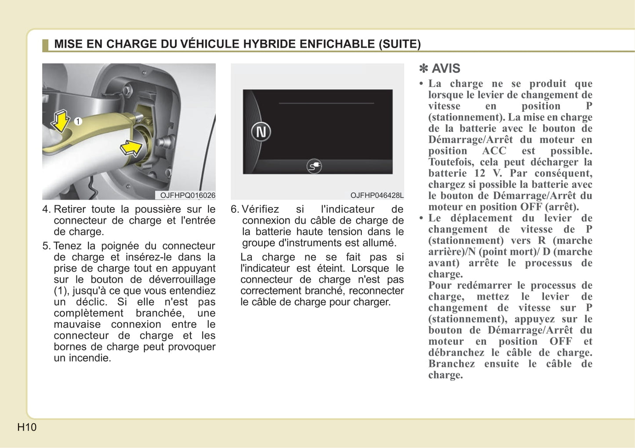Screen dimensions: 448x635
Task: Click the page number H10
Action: [x=27, y=427]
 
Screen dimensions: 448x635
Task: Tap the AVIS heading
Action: [x=446, y=69]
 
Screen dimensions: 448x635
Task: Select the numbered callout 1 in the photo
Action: [x=78, y=121]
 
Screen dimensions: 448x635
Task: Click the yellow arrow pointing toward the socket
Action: [x=131, y=148]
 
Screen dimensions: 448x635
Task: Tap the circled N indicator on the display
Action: [x=261, y=132]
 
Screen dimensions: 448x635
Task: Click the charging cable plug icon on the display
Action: [x=314, y=166]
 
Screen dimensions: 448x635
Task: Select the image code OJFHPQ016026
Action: [x=188, y=195]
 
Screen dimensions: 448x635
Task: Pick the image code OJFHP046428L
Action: [x=377, y=195]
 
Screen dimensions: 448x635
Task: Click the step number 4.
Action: [x=46, y=209]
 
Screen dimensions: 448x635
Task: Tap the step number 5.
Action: [x=46, y=246]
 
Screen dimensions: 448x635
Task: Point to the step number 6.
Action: [x=234, y=209]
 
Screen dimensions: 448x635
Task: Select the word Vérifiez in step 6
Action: [x=260, y=209]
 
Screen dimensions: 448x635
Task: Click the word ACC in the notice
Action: [x=494, y=151]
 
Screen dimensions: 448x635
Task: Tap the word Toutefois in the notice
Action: [x=452, y=162]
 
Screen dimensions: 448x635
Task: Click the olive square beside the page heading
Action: [x=45, y=45]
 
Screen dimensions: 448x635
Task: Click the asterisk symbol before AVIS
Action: [x=424, y=69]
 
